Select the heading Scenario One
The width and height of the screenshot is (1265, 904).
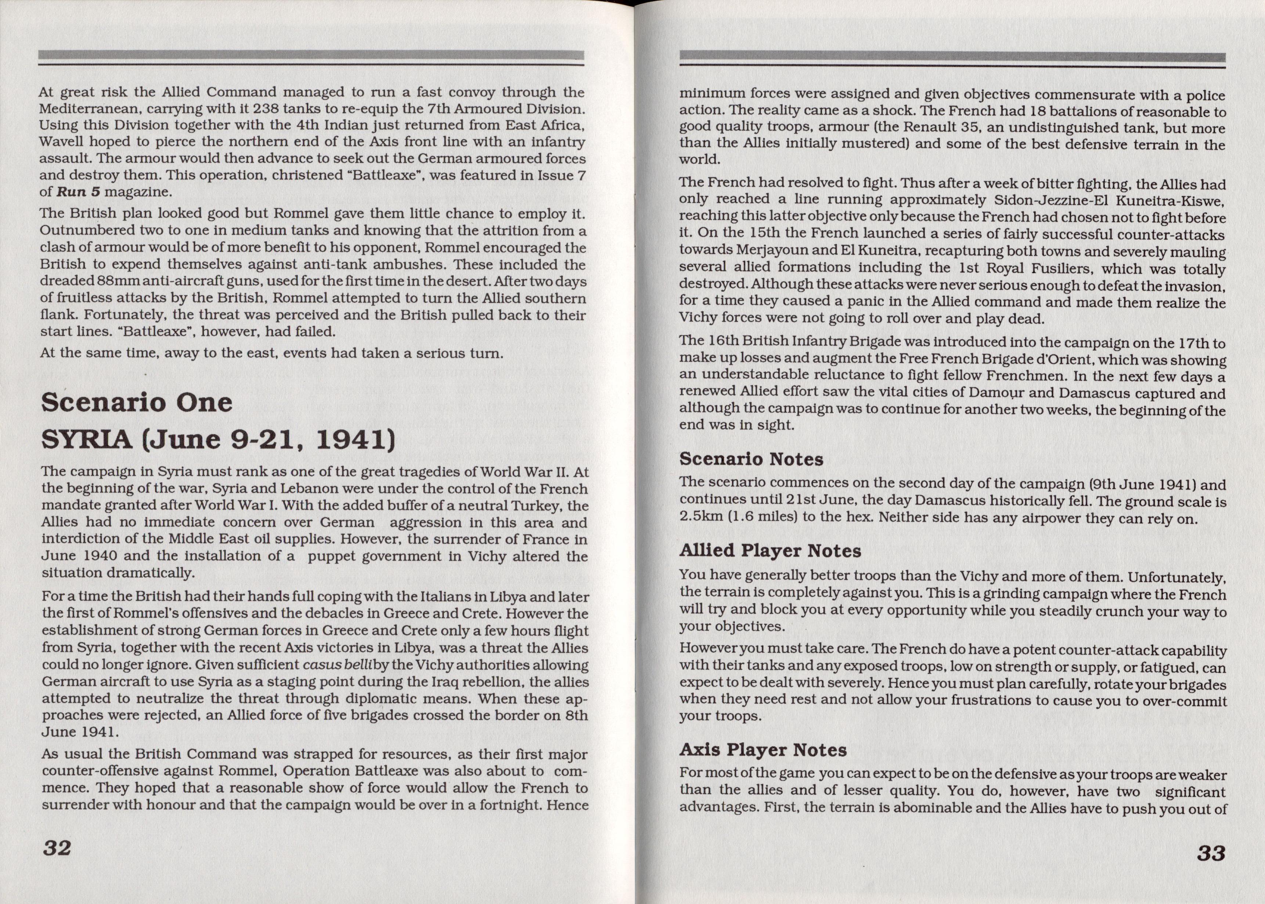pos(137,403)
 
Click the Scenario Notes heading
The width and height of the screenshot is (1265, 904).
pos(751,459)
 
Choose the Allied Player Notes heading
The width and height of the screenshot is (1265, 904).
pos(770,551)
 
